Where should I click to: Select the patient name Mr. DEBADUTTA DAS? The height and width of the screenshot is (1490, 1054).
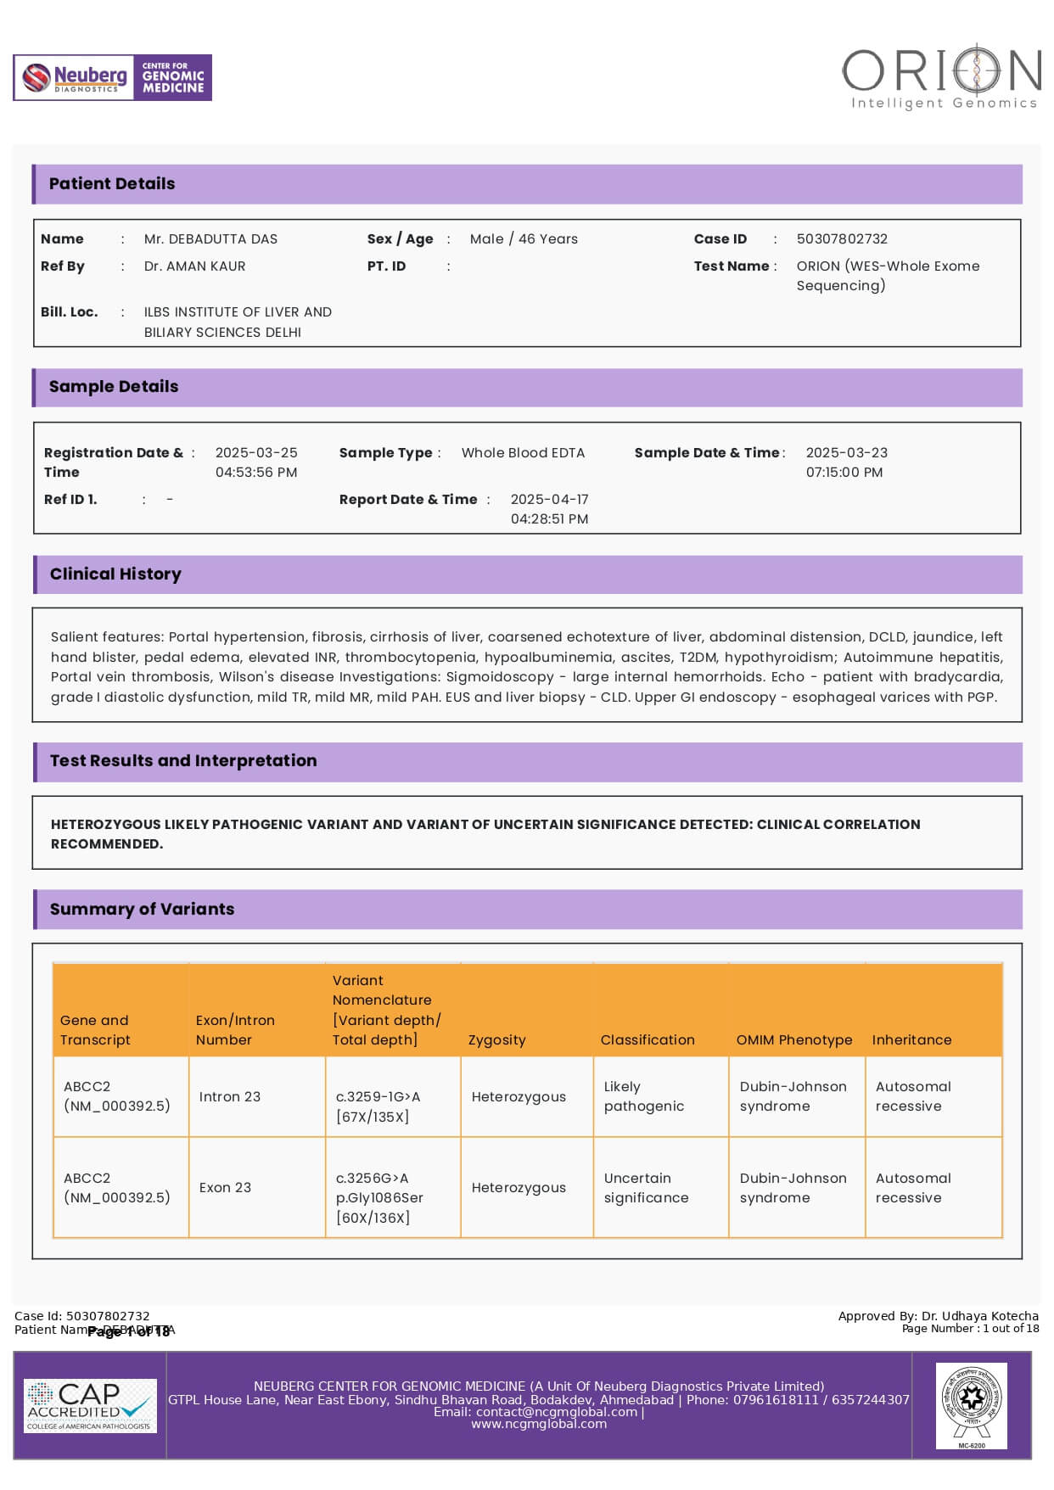210,239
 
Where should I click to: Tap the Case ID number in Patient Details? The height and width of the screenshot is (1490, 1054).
842,239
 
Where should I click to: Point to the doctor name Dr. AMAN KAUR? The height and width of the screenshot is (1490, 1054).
194,266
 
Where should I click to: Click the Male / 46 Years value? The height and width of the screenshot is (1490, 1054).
524,239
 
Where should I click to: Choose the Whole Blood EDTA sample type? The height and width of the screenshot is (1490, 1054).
523,453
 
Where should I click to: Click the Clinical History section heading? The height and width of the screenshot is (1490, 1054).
115,574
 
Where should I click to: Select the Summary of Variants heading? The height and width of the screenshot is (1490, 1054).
142,910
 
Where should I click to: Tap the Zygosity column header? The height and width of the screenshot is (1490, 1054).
496,1040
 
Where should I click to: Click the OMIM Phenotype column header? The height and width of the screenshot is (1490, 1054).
793,1040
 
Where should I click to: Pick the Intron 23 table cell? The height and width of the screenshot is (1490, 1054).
229,1097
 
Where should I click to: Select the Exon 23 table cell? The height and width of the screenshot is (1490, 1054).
225,1188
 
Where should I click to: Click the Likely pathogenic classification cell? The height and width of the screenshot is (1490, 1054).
643,1097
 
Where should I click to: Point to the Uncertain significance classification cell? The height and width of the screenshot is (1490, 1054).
646,1188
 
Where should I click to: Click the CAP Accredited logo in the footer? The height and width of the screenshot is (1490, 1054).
90,1405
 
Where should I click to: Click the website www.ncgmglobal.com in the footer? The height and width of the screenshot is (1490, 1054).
539,1425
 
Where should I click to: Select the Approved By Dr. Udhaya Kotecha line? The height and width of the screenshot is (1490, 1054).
938,1316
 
